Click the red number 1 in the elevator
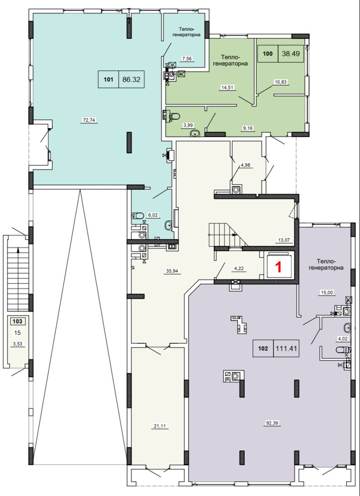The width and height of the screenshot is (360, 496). pyautogui.click(x=278, y=267)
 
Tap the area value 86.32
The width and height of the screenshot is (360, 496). pyautogui.click(x=131, y=79)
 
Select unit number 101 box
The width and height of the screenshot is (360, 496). pyautogui.click(x=108, y=79)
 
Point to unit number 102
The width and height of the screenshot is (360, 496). pyautogui.click(x=263, y=348)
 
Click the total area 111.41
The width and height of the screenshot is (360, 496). pyautogui.click(x=286, y=348)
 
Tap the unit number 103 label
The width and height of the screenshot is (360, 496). pyautogui.click(x=17, y=322)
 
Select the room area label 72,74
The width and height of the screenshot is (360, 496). pyautogui.click(x=89, y=120)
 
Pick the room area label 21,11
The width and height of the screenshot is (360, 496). pyautogui.click(x=160, y=426)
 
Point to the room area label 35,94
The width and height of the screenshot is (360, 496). pyautogui.click(x=172, y=271)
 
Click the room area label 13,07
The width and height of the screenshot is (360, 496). pyautogui.click(x=284, y=240)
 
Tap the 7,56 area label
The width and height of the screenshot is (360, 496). pyautogui.click(x=187, y=59)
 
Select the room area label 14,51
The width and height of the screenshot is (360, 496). pyautogui.click(x=227, y=87)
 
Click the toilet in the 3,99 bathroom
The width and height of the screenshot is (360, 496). pyautogui.click(x=175, y=116)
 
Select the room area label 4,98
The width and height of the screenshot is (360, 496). pyautogui.click(x=247, y=165)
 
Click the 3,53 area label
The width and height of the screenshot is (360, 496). pyautogui.click(x=17, y=344)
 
